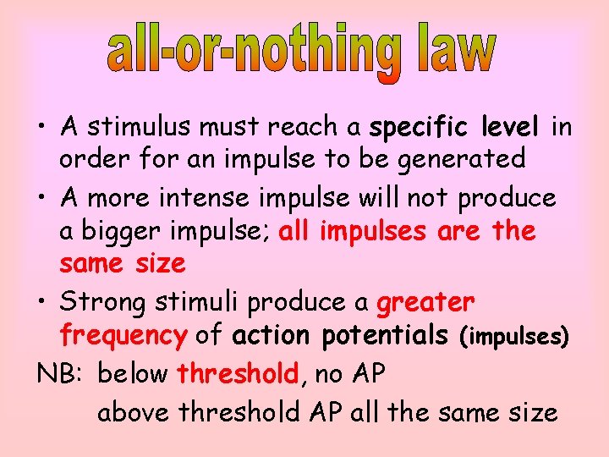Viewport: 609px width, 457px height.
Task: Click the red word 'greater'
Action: pos(425,302)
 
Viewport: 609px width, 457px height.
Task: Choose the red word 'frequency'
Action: pos(123,336)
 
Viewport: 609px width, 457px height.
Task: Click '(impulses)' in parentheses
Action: pos(513,337)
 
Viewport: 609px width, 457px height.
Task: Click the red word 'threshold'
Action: pos(238,373)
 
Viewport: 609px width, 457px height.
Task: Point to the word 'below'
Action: pos(134,373)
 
